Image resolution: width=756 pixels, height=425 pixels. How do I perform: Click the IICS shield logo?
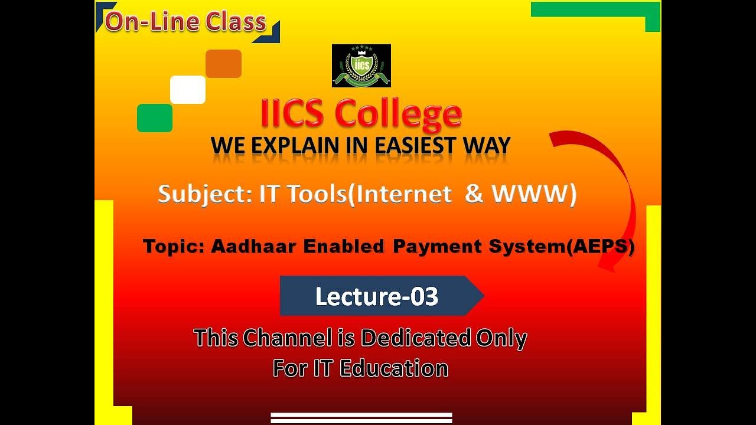361,66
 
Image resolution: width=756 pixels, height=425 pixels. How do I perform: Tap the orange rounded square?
223,64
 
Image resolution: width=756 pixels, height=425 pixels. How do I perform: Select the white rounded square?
188,90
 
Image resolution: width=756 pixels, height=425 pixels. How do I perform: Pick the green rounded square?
155,118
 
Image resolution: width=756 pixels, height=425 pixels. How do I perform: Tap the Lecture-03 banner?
378,296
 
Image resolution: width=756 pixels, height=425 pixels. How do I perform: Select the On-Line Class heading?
185,22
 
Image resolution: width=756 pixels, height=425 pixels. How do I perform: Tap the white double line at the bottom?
361,418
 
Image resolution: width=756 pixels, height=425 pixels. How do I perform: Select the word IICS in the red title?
293,114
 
